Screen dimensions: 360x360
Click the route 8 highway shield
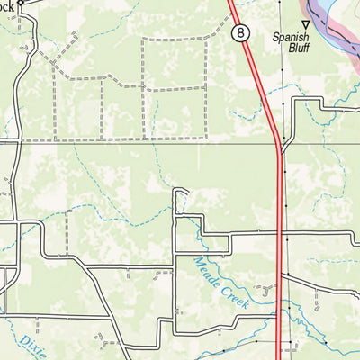(240, 32)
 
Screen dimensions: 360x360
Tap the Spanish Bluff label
(291, 43)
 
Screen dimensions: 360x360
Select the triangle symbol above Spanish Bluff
(305, 24)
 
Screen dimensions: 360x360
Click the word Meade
(206, 272)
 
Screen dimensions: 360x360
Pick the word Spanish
(291, 38)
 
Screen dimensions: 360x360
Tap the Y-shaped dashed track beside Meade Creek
(266, 290)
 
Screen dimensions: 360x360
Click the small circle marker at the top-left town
(20, 3)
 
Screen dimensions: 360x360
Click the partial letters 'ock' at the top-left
(7, 3)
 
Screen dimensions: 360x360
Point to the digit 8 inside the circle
(240, 32)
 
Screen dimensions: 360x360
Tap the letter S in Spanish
(276, 38)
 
